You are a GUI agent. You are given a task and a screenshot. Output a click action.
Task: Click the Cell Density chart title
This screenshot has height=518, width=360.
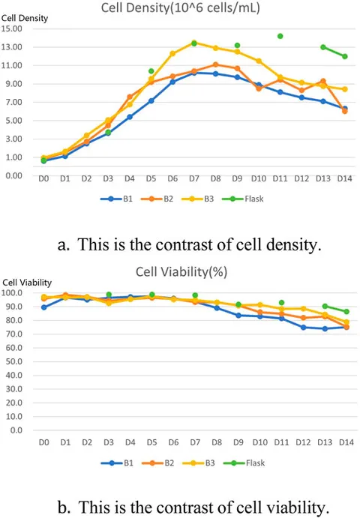(x=180, y=7)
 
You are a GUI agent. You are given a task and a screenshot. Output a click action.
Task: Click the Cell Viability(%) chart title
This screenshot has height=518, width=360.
(x=181, y=272)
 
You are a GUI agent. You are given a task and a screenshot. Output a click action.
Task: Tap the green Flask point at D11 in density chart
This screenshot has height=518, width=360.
(x=280, y=36)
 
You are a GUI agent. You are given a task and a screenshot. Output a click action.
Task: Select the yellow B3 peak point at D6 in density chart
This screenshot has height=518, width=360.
(x=172, y=53)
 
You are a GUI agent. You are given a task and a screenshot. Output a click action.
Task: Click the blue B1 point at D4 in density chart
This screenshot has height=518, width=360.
(x=130, y=117)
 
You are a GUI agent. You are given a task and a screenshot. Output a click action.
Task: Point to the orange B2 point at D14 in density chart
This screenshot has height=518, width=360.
(x=345, y=112)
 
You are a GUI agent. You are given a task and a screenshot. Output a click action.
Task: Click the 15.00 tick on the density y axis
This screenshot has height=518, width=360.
(x=11, y=28)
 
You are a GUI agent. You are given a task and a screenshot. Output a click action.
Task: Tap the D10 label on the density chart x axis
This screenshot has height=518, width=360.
(x=259, y=178)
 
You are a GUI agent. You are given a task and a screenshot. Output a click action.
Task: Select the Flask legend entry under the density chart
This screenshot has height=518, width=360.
(x=243, y=199)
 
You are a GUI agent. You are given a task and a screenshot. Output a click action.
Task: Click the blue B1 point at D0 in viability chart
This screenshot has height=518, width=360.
(x=44, y=307)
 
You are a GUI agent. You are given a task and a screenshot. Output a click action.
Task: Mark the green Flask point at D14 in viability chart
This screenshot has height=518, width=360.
(x=346, y=312)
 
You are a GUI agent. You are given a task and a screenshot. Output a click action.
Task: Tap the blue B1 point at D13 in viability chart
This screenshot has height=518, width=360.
(x=325, y=328)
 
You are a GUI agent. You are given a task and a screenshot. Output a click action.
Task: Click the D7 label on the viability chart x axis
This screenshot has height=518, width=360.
(x=195, y=442)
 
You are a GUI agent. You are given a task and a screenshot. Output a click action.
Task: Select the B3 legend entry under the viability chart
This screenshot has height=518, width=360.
(x=199, y=463)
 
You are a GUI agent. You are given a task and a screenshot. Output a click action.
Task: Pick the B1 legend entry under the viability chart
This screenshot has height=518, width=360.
(x=117, y=463)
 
